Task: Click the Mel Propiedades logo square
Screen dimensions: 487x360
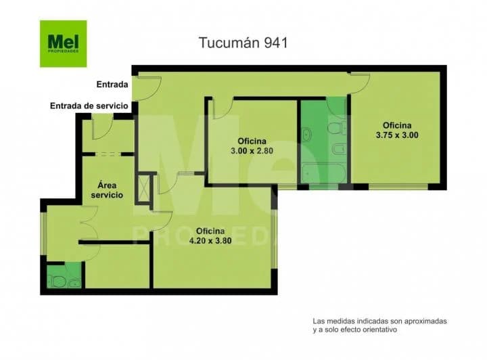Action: point(64,43)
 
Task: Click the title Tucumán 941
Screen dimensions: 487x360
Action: point(243,43)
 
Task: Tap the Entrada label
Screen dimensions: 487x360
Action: point(112,85)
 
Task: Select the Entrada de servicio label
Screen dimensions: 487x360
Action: point(89,106)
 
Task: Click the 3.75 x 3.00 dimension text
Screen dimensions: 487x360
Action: point(397,135)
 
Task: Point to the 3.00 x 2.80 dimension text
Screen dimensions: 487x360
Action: point(252,151)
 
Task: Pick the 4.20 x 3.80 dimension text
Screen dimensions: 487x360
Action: point(210,241)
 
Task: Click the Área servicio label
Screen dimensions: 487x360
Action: point(107,190)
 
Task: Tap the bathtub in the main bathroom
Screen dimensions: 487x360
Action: point(324,173)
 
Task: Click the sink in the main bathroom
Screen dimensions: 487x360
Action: point(307,135)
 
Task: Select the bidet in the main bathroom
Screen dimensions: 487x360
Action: point(339,149)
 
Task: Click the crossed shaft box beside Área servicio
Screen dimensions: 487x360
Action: point(143,188)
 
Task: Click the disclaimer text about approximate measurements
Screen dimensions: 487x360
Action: point(379,325)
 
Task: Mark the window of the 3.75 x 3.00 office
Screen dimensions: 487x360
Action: point(398,187)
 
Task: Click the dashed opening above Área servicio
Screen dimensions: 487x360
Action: point(108,154)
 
